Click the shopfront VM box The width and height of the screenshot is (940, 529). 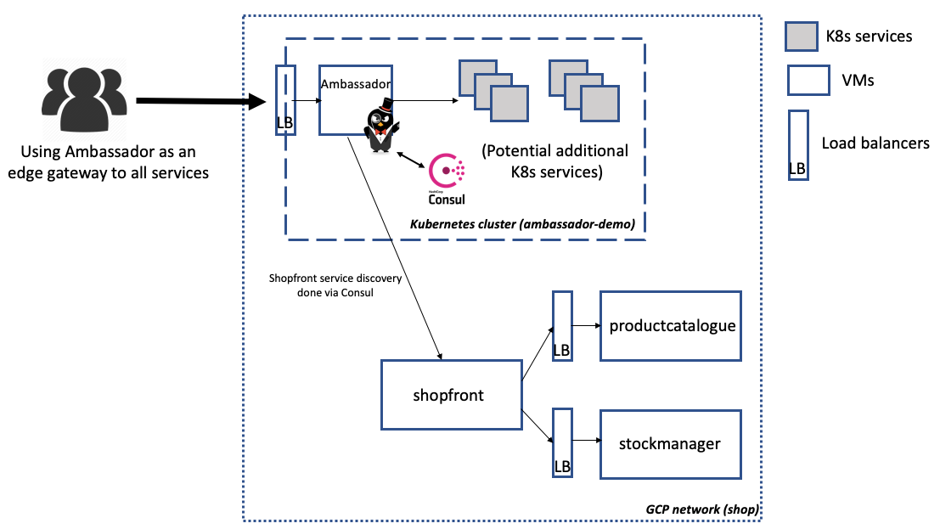[x=450, y=394]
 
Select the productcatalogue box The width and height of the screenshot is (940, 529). [x=671, y=326]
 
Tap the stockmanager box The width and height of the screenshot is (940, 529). [x=671, y=443]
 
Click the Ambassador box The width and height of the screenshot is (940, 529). [x=356, y=99]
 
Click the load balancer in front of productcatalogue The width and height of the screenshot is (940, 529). [x=562, y=326]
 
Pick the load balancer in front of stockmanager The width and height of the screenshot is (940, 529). [x=562, y=443]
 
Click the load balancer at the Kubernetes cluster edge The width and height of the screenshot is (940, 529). [x=285, y=99]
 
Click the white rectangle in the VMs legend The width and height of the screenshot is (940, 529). [x=808, y=81]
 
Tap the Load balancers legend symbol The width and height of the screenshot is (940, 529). [x=797, y=144]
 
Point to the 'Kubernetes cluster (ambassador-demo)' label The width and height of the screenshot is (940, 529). [x=522, y=224]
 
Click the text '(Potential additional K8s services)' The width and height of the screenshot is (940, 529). [x=555, y=161]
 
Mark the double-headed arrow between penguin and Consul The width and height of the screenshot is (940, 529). [x=412, y=159]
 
